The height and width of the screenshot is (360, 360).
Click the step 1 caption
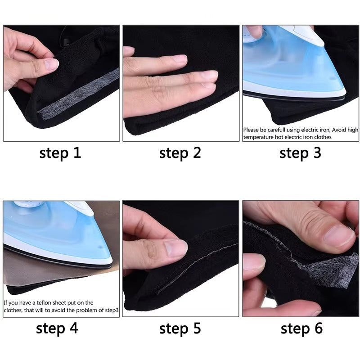pyautogui.click(x=60, y=153)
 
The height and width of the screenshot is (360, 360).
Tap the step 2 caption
pyautogui.click(x=180, y=153)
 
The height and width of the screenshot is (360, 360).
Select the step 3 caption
pyautogui.click(x=300, y=153)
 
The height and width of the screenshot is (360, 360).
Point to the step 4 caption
pyautogui.click(x=57, y=328)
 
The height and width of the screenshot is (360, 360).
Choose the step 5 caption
pyautogui.click(x=180, y=328)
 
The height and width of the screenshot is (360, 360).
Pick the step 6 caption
pyautogui.click(x=301, y=328)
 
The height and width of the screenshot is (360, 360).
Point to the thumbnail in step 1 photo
pyautogui.click(x=51, y=64)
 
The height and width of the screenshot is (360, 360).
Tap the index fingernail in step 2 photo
pyautogui.click(x=179, y=59)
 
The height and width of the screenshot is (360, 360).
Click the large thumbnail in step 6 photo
pyautogui.click(x=339, y=235)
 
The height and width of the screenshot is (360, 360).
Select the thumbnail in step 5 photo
pyautogui.click(x=175, y=247)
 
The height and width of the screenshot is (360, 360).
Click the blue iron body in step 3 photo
pyautogui.click(x=288, y=67)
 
